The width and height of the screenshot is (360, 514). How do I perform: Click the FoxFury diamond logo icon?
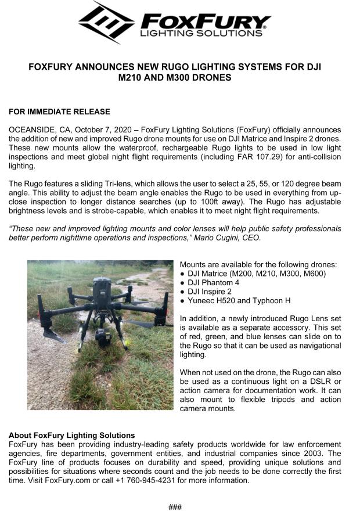[x=107, y=23]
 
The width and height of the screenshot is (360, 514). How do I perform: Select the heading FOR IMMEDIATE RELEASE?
[x=59, y=112]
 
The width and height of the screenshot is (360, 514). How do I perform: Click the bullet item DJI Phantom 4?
[x=213, y=282]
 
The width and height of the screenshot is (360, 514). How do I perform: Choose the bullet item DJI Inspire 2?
[x=210, y=292]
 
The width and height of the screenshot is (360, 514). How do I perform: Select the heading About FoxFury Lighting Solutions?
[x=71, y=435]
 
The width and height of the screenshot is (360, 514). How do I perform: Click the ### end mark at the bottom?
[x=175, y=507]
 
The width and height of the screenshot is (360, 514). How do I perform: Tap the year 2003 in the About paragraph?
[x=315, y=453]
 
